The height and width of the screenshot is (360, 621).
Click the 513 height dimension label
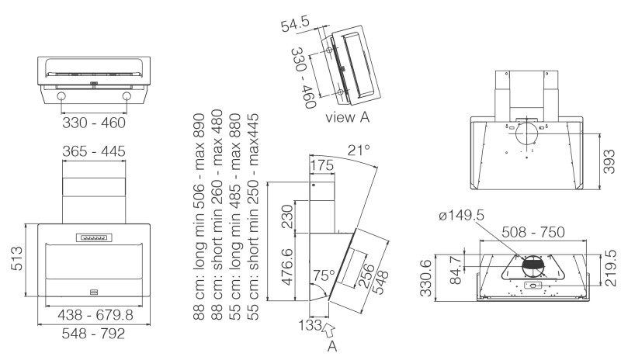pyautogui.click(x=13, y=259)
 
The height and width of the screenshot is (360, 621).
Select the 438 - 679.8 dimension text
pyautogui.click(x=93, y=315)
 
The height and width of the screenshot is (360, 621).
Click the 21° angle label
pyautogui.click(x=358, y=149)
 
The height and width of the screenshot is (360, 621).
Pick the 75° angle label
pyautogui.click(x=323, y=275)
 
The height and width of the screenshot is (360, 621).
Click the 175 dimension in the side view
pyautogui.click(x=321, y=165)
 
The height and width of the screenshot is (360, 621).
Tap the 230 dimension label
pyautogui.click(x=287, y=216)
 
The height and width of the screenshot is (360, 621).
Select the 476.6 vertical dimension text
pyautogui.click(x=287, y=268)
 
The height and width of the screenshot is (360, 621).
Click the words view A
pyautogui.click(x=347, y=119)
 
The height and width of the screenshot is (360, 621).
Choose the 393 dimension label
pyautogui.click(x=611, y=161)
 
